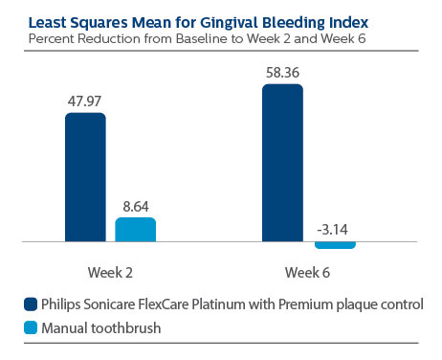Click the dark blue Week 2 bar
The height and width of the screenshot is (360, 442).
coord(85,177)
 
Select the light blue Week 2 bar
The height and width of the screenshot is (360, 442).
coord(135,230)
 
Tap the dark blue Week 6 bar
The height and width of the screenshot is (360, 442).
coord(282,163)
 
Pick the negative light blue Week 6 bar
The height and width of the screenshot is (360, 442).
coord(334,245)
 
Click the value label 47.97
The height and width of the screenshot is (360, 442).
coord(85,101)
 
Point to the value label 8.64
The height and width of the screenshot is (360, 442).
coord(136,205)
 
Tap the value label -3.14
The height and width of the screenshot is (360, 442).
coord(334,230)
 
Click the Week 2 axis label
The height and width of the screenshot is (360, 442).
coord(110,272)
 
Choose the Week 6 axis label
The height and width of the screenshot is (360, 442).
coord(308,272)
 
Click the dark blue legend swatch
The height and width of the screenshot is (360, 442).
coord(30,304)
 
